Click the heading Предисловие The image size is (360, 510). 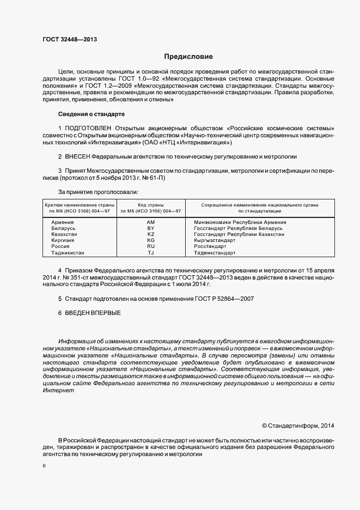[188, 57]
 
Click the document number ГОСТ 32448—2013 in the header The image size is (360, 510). [70, 39]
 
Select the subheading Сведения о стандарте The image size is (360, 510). [91, 114]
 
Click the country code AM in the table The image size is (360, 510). [151, 222]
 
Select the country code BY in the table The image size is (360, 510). [151, 228]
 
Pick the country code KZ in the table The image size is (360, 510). [151, 234]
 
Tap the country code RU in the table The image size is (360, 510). [151, 246]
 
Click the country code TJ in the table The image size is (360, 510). [151, 253]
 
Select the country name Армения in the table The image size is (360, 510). [63, 222]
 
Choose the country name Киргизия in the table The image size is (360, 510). [63, 240]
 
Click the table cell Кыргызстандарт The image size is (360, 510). [216, 240]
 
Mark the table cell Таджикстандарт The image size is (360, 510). [215, 253]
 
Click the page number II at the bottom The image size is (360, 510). [44, 467]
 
